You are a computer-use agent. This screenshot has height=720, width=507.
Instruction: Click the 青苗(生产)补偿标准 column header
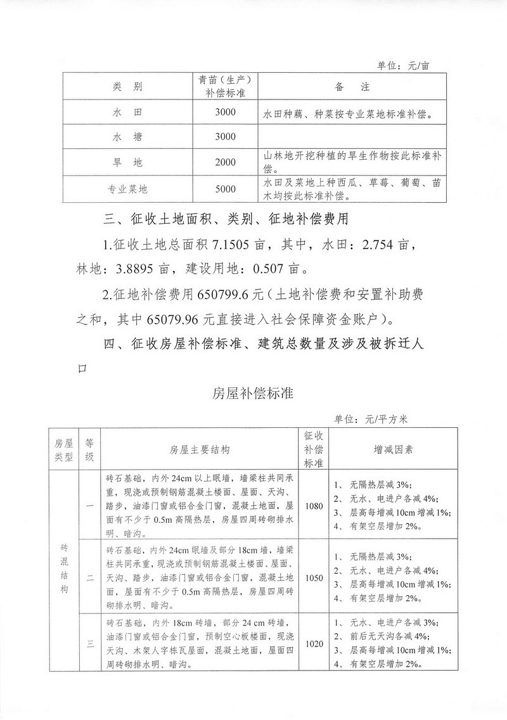225,87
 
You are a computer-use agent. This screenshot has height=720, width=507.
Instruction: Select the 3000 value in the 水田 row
225,113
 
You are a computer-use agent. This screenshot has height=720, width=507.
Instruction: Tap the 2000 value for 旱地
225,162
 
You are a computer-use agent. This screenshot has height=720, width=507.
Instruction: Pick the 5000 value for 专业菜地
225,189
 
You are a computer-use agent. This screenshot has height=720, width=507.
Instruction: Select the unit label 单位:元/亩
403,65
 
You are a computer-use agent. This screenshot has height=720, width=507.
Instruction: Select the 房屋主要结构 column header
199,449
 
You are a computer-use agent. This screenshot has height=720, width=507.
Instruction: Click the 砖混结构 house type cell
64,567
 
